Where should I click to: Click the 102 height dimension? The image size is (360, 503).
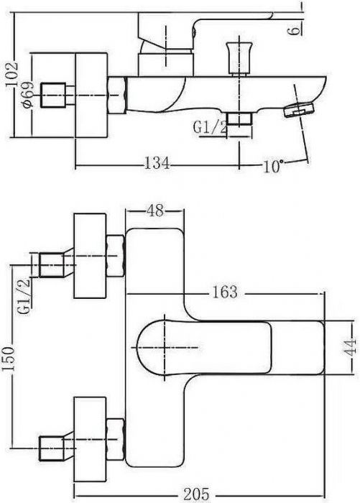point(12,74)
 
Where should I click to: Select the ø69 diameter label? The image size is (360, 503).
point(27,94)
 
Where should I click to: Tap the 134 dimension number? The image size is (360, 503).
point(157,163)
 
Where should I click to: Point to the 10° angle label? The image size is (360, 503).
point(273,166)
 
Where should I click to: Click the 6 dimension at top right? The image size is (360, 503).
point(294,31)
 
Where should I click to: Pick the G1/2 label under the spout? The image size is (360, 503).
point(210,127)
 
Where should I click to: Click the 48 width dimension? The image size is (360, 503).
point(155,211)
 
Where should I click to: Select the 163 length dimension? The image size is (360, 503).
point(225,292)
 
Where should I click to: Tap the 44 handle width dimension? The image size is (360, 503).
point(351,347)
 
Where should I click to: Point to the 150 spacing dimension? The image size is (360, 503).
point(9,358)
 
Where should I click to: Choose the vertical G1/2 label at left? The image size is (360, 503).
point(24,296)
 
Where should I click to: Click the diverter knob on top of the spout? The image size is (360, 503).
point(239,57)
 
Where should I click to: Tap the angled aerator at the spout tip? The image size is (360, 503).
point(299,110)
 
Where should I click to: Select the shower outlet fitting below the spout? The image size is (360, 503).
point(239,119)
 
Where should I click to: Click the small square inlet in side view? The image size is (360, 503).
point(53,96)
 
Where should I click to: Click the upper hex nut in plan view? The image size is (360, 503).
point(115,256)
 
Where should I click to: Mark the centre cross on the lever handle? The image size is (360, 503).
point(165,347)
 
